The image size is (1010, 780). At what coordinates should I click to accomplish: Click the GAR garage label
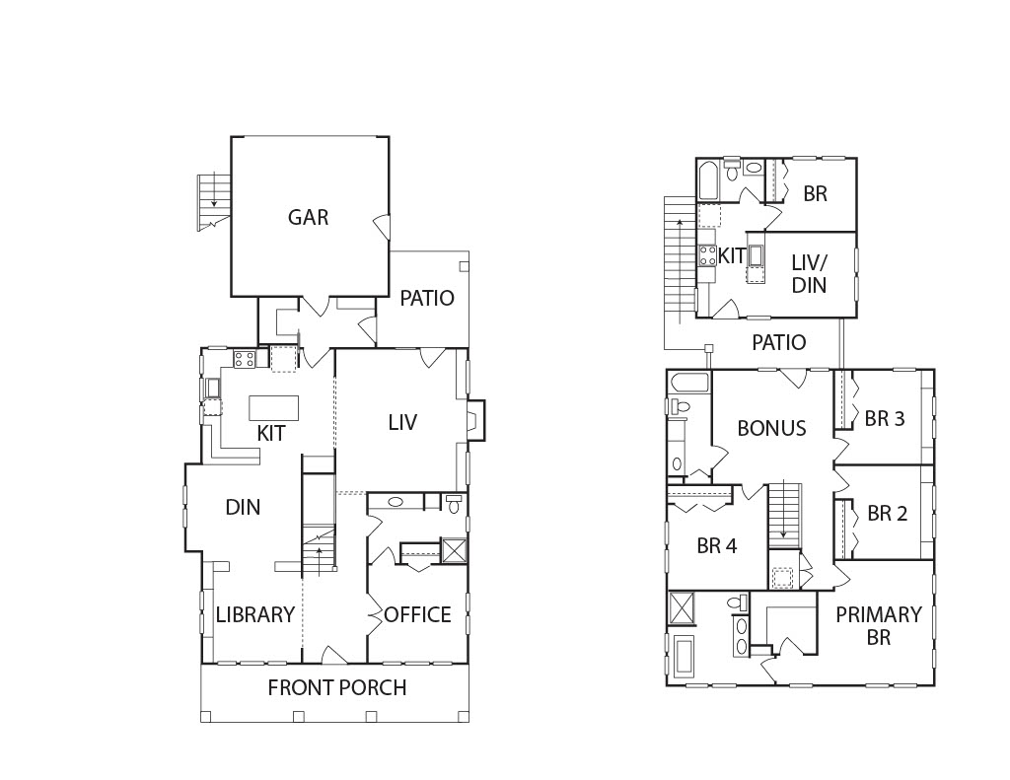coord(308,217)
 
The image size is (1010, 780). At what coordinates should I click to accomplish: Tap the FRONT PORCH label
coord(337,688)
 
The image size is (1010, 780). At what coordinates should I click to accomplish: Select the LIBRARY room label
coord(255,614)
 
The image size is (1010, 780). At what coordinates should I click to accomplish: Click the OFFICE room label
coord(417,614)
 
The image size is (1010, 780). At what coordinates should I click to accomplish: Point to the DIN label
coord(243,508)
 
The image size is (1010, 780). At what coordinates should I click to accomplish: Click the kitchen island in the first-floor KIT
coord(274,407)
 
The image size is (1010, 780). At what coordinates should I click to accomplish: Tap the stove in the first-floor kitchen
coord(245,359)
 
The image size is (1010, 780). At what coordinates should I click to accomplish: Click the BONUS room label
coord(771,428)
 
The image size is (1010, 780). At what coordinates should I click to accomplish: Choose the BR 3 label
coord(885,419)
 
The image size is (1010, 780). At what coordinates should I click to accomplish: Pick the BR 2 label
coord(887,514)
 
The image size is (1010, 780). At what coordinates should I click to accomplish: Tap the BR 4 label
coord(716,546)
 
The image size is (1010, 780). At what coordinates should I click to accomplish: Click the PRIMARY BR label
coord(879,625)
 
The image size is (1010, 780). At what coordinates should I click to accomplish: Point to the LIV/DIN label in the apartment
coord(809,274)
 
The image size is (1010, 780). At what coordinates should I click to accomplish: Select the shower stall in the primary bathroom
coord(683,608)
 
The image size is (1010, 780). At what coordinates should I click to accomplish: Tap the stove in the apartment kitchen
coord(708,255)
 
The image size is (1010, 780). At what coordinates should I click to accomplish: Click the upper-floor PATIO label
coord(779,342)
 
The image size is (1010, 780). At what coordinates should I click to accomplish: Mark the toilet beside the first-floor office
coord(455,502)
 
